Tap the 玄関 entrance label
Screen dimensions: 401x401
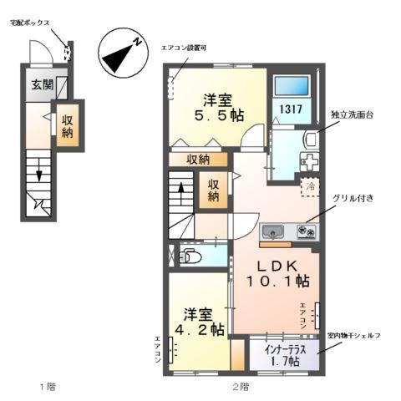(43, 84)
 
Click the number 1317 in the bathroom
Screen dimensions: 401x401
(291, 110)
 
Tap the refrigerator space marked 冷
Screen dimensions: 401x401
(309, 186)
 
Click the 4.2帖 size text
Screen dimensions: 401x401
(203, 329)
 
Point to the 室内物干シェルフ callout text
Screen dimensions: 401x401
(355, 334)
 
